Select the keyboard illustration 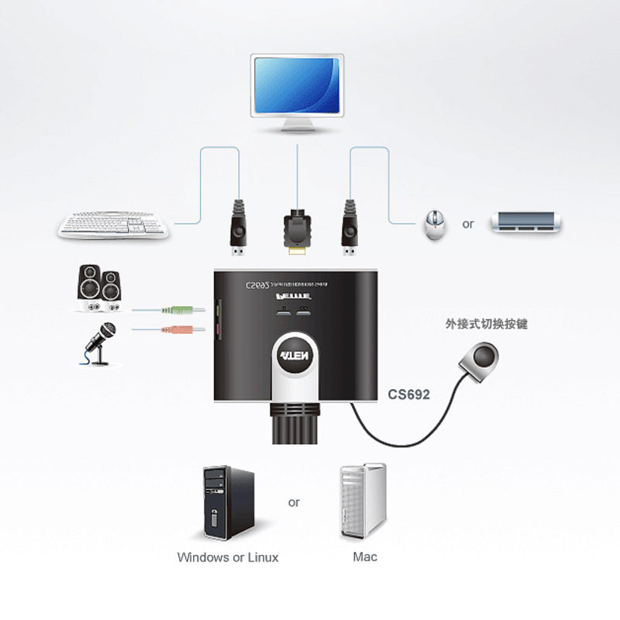[114, 226]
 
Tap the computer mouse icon [434, 226]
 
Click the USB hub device [525, 224]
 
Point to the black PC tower [227, 503]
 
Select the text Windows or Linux [227, 557]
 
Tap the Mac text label [364, 556]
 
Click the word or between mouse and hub [467, 225]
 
